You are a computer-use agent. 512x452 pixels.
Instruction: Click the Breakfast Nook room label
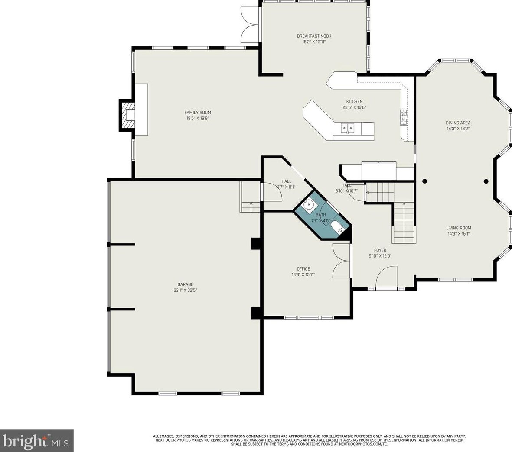click(x=314, y=36)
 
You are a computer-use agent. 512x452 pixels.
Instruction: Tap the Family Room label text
click(x=198, y=113)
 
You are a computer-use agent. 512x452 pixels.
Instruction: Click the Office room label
click(x=303, y=269)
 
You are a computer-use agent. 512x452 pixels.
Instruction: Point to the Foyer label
click(x=380, y=250)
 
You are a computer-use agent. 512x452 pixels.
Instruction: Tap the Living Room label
click(x=458, y=228)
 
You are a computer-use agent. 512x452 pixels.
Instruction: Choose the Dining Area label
click(x=458, y=123)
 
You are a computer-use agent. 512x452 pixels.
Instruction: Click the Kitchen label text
click(x=354, y=102)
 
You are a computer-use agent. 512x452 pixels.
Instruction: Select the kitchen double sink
click(x=347, y=128)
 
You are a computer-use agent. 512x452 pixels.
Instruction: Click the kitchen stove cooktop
click(x=404, y=117)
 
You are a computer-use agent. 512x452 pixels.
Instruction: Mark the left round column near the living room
click(x=424, y=181)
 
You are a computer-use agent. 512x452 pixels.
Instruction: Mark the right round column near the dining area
click(x=486, y=181)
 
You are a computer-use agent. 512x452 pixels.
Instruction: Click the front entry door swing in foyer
click(x=387, y=277)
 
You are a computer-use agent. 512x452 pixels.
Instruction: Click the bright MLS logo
click(x=37, y=441)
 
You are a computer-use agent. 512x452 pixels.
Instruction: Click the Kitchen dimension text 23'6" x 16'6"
click(x=354, y=108)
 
